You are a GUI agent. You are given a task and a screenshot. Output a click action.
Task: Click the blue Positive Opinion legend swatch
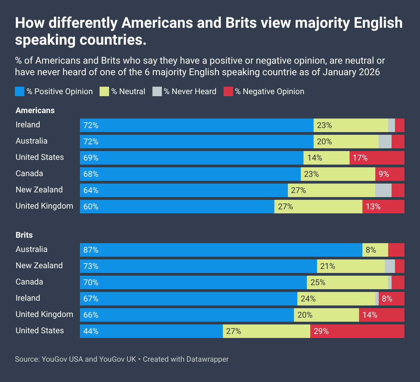(20, 91)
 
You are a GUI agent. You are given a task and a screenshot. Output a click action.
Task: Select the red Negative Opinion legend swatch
(228, 91)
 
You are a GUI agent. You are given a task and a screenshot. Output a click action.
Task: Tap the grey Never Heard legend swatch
(157, 91)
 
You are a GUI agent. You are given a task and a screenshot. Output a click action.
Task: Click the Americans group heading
(35, 110)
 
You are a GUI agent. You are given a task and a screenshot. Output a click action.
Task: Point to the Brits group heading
(24, 235)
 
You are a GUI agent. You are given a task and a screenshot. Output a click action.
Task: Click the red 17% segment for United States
(377, 158)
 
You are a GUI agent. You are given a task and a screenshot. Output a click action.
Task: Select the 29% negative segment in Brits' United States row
(357, 331)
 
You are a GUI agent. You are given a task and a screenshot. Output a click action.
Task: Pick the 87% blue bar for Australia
(221, 250)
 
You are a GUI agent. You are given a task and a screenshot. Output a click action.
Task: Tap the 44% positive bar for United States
(151, 331)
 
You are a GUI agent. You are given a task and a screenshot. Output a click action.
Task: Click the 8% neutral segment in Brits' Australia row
(375, 250)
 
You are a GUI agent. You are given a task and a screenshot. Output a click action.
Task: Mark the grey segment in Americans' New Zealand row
(383, 190)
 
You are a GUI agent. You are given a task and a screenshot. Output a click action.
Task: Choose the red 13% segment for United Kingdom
(383, 207)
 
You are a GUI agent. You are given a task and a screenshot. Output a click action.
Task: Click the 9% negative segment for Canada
(390, 174)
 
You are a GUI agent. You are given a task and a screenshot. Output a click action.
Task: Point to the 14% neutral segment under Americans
(326, 158)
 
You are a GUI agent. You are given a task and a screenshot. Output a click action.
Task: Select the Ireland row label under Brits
(28, 298)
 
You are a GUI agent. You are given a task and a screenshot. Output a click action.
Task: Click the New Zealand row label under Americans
(39, 190)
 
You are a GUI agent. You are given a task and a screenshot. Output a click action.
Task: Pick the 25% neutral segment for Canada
(347, 282)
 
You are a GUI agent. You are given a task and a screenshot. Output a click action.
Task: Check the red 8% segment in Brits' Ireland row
(391, 299)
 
